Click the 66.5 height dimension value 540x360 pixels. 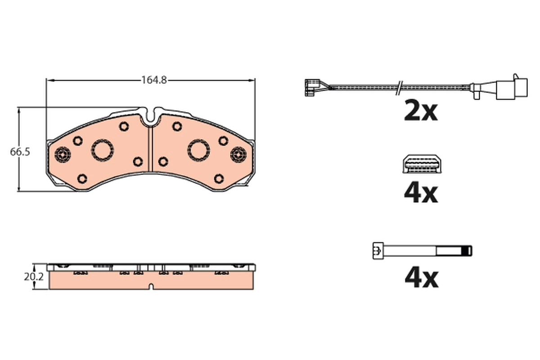coord(20,152)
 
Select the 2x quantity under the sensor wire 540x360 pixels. coord(421,112)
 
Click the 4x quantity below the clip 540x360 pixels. coord(421,193)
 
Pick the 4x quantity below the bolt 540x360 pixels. coord(421,278)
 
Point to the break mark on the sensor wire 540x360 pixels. coord(398,87)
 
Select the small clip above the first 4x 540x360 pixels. coord(422,165)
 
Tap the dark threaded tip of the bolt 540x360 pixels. coord(468,250)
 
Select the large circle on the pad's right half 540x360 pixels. coord(198,149)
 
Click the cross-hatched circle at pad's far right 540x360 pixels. coord(238,155)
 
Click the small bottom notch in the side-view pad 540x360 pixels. coord(152,286)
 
